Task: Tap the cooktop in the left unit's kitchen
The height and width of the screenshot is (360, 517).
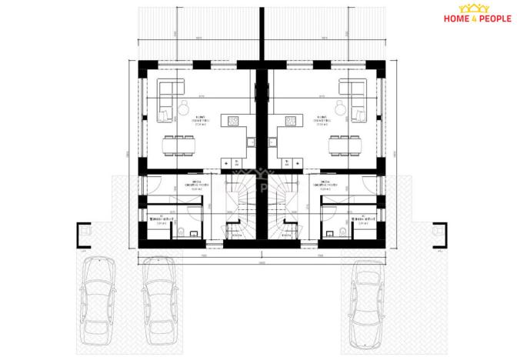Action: [230, 120]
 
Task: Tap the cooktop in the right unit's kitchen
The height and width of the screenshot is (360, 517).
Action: [291, 120]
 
